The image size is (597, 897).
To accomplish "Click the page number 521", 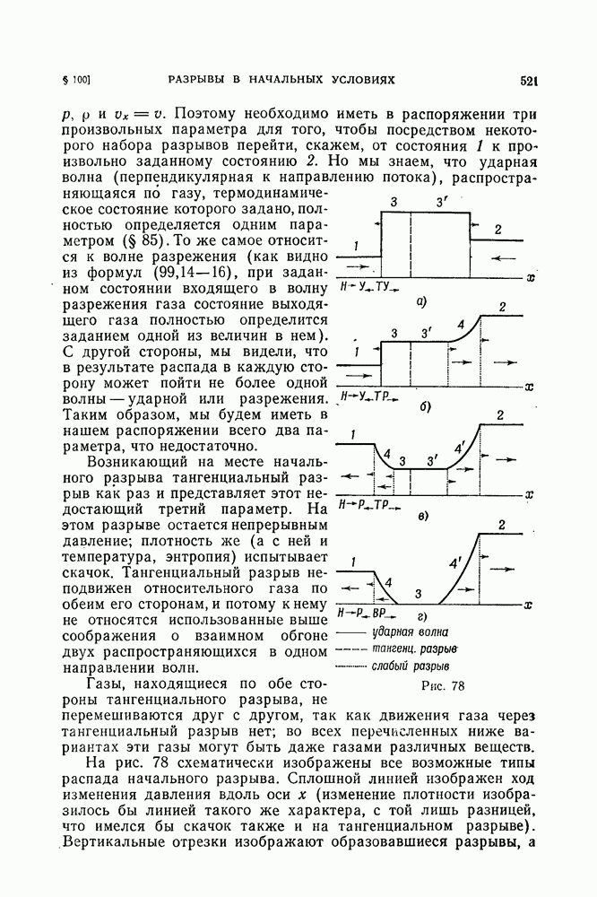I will pyautogui.click(x=527, y=81).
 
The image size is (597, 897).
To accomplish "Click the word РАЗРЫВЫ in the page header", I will pyautogui.click(x=203, y=81).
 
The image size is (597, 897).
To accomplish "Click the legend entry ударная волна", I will pyautogui.click(x=410, y=631).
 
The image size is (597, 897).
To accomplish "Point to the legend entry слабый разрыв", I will pyautogui.click(x=411, y=666).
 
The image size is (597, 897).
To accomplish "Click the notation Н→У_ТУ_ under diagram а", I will pyautogui.click(x=368, y=286).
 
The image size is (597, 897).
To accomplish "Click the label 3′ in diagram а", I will pyautogui.click(x=441, y=205).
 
